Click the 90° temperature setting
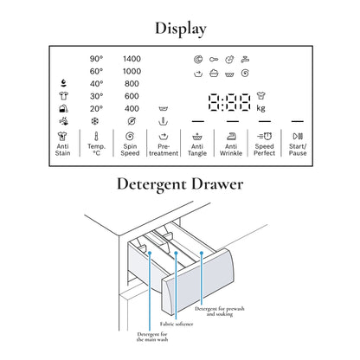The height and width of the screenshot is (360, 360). coord(96,59)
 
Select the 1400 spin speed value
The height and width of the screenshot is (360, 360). coord(132,59)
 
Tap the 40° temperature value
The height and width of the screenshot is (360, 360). coord(96,84)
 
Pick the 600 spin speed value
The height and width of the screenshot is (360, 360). coord(132,96)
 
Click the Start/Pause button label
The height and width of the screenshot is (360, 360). coord(298,150)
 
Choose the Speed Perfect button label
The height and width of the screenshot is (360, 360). coord(264,150)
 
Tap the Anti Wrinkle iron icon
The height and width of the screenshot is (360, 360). coord(231,136)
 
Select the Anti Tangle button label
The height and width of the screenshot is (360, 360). coord(197,150)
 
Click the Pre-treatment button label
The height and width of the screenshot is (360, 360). coord(164,150)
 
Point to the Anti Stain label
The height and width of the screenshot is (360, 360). coord(62,150)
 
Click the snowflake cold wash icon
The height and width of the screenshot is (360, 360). coord(95,121)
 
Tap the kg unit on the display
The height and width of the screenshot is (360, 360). coord(260,108)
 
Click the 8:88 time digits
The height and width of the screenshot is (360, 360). coord(229,102)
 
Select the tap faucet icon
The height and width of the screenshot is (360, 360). coord(245,60)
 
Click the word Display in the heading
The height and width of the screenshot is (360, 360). coord(181,29)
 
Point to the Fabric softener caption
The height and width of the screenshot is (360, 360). coord(177,324)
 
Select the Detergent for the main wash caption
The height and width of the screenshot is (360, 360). coord(152,337)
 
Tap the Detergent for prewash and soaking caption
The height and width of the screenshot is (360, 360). coord(220,312)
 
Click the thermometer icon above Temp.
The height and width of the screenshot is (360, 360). coord(96,136)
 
